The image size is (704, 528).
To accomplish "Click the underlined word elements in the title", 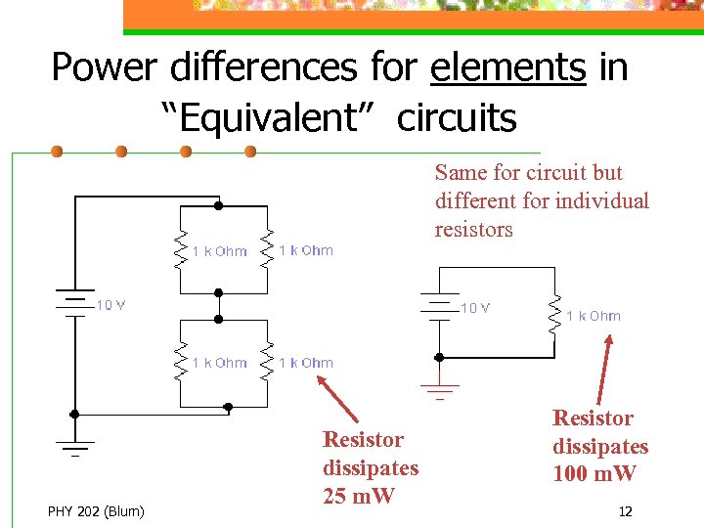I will (x=507, y=67).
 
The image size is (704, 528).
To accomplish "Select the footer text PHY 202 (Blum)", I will (x=96, y=510).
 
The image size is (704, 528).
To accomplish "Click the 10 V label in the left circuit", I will (x=110, y=305).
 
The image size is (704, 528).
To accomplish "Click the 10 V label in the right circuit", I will (x=475, y=308).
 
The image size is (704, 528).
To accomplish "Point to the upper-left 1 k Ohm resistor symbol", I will (x=180, y=250).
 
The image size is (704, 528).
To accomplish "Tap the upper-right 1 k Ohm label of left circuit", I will (x=306, y=250).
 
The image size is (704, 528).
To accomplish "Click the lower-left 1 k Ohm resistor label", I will (x=219, y=363).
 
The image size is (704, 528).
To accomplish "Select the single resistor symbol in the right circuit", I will (x=554, y=314).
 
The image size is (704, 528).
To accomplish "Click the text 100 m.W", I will (x=594, y=474).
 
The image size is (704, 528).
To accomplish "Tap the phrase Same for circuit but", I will (x=528, y=173).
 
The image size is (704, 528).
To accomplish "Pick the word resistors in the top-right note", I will (x=473, y=230).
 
